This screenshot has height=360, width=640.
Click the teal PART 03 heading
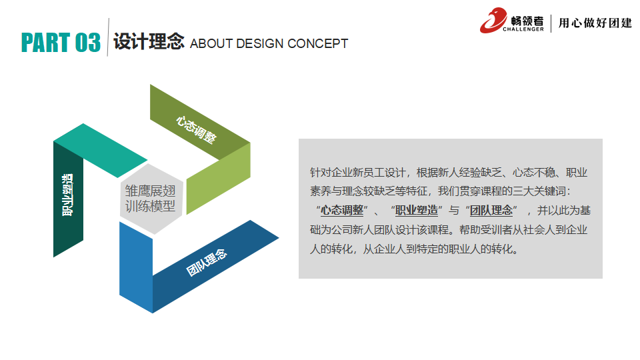[61, 43]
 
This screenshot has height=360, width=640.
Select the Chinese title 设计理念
[149, 41]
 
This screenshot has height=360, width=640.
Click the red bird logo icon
[493, 20]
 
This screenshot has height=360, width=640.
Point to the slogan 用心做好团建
[595, 23]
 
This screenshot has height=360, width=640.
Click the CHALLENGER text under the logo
[523, 29]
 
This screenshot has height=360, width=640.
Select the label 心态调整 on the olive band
[196, 129]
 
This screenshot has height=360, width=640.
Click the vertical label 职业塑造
[67, 195]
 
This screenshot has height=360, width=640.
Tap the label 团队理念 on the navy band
[206, 263]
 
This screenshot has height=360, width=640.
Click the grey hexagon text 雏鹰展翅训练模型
[150, 199]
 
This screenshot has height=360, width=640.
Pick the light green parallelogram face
[219, 179]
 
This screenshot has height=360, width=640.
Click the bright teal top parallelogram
[101, 151]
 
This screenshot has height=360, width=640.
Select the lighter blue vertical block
[136, 267]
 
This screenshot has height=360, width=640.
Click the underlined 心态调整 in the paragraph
[342, 210]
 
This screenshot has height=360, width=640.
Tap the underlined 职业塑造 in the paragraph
[417, 210]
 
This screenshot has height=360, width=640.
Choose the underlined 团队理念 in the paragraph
[491, 210]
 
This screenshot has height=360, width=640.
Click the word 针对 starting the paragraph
[321, 172]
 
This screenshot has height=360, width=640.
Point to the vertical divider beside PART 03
[108, 37]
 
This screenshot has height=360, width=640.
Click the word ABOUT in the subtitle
[211, 43]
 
